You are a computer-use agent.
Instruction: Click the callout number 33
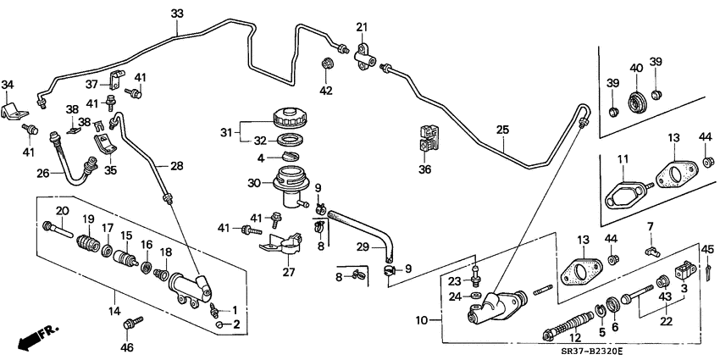(176, 14)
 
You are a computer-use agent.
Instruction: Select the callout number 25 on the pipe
(502, 130)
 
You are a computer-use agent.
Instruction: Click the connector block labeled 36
(424, 139)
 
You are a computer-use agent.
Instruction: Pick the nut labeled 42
(328, 64)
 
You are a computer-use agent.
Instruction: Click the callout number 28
(176, 165)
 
